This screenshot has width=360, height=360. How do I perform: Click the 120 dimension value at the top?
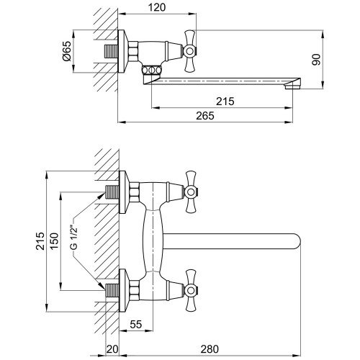157,7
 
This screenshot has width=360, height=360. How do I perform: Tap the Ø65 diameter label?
67,51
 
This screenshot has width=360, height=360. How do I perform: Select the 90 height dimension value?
316,60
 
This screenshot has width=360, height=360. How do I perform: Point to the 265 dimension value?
205,116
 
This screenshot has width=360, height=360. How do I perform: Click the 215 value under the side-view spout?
225,102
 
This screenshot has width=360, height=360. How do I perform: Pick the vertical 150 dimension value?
54,241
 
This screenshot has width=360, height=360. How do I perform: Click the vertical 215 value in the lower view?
40,241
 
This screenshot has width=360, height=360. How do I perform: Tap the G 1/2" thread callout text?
75,237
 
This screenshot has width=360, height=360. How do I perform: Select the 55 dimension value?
136,325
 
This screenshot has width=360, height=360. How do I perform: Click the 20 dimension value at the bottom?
112,349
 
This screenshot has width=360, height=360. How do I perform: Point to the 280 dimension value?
210,349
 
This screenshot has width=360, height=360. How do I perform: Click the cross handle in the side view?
190,51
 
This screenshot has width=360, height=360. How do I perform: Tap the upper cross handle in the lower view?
191,192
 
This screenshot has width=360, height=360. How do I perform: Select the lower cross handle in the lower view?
191,290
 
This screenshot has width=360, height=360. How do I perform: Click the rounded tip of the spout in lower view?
297,241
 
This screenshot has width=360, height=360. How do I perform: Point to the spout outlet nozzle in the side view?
292,86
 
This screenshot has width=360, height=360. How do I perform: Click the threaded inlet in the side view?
111,51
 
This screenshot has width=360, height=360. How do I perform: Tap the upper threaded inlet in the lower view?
112,192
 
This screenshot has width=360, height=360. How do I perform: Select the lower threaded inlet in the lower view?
112,290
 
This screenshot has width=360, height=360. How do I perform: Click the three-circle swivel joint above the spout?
151,71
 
